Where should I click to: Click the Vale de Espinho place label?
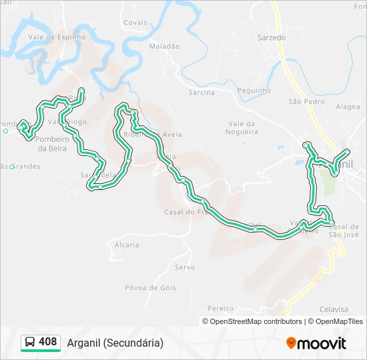[x=57, y=37]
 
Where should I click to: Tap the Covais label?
[x=135, y=23]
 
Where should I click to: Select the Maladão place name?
[x=164, y=47]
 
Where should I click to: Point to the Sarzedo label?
[x=272, y=38]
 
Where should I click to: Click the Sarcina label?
[x=202, y=93]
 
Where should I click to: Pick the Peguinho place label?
[x=254, y=91]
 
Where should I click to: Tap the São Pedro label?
[x=306, y=102]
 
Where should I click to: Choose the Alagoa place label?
[x=348, y=106]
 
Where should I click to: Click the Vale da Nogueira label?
[x=243, y=127]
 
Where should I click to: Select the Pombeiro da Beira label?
[x=51, y=143]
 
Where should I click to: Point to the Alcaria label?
[x=127, y=245]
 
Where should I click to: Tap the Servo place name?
[x=184, y=267]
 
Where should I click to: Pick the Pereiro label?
[x=220, y=309]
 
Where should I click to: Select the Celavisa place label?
[x=334, y=309]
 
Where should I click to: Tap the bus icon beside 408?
[x=30, y=343]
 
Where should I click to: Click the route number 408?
[x=48, y=342]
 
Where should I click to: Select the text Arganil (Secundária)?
[x=115, y=343]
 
